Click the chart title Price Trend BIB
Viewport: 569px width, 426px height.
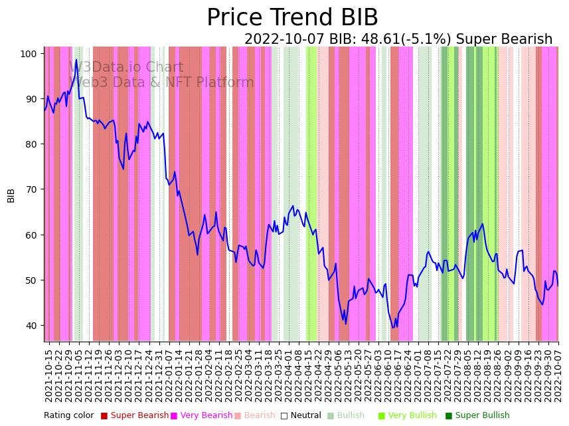tap(292, 18)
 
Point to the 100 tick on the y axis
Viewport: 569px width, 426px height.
tap(31, 53)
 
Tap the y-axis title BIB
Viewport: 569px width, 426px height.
tap(11, 195)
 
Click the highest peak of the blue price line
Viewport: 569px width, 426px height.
tap(76, 60)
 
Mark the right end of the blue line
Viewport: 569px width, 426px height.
tap(558, 286)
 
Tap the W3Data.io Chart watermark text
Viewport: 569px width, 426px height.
tap(126, 67)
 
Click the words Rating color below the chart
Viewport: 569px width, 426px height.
tap(69, 415)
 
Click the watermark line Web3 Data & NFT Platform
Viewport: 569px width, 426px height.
tap(161, 82)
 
